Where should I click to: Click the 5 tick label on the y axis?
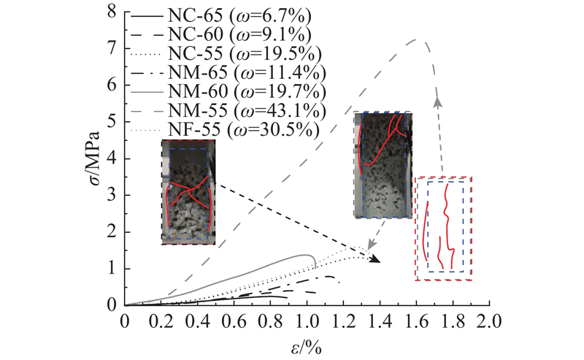(x=111, y=122)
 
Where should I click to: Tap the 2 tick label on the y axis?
(x=111, y=232)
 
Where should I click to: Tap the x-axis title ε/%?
(x=306, y=347)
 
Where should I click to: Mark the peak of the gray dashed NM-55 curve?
(x=417, y=39)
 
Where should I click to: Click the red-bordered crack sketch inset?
(x=444, y=228)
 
